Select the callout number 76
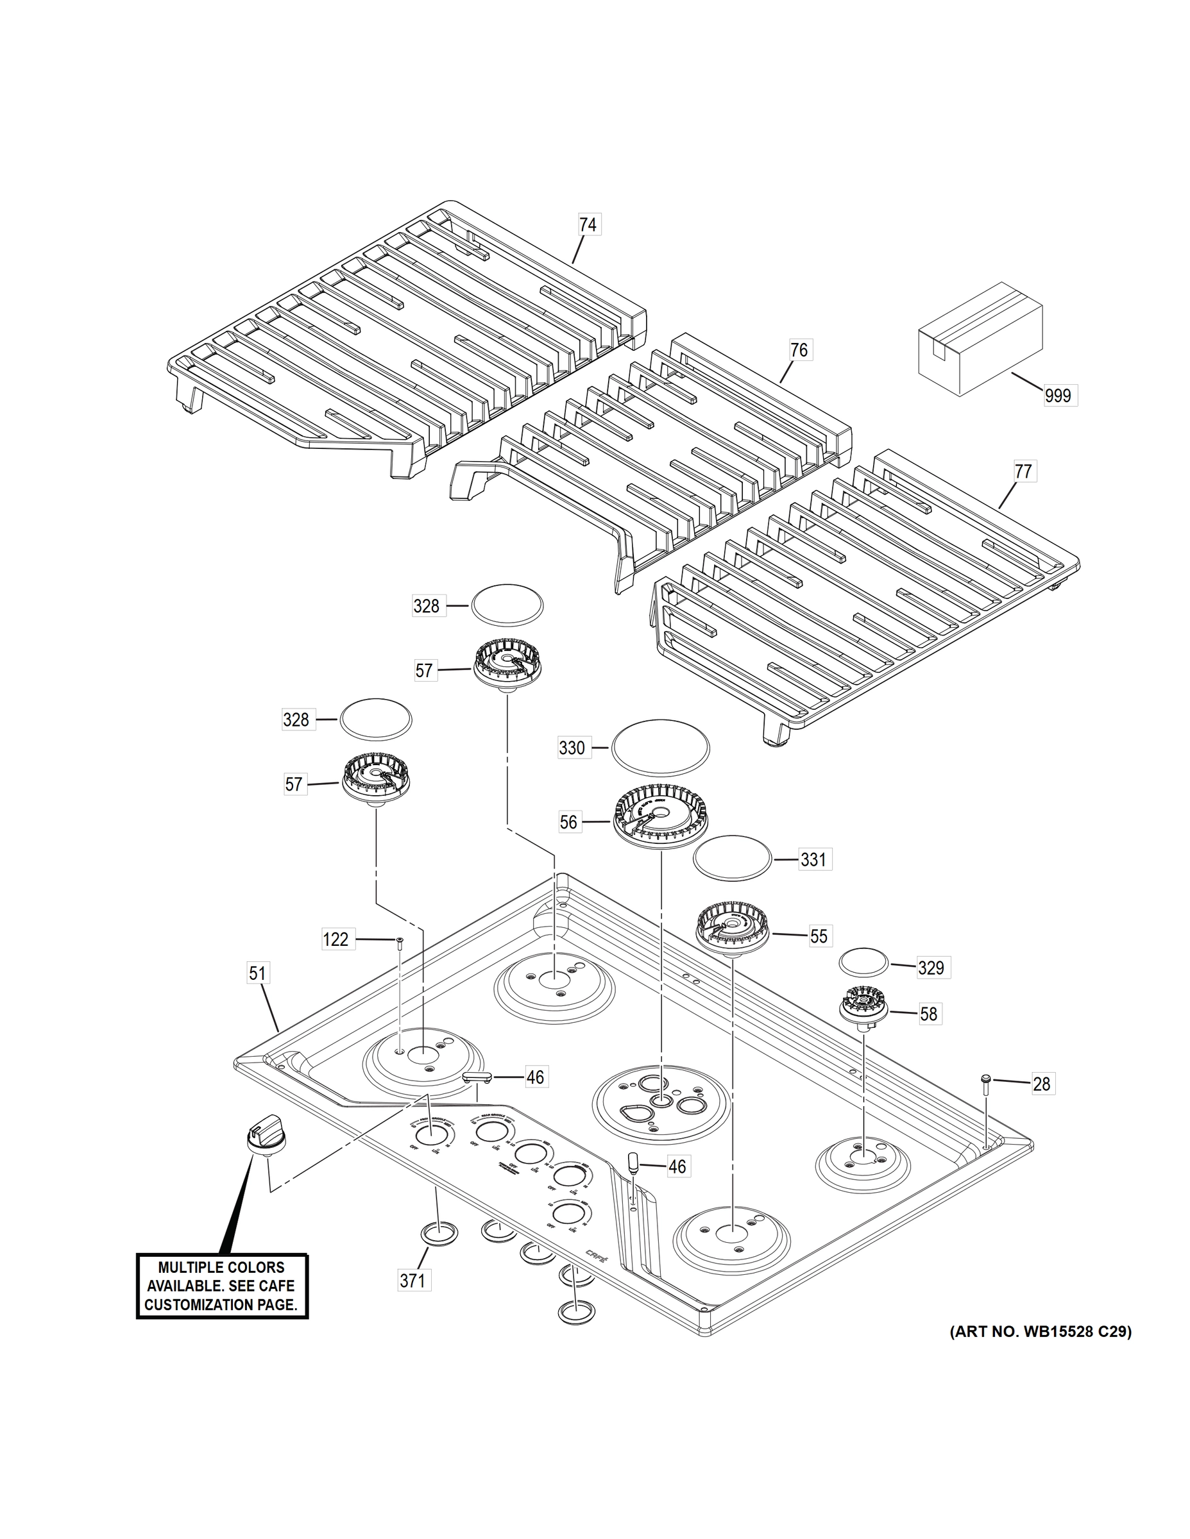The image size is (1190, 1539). (x=799, y=349)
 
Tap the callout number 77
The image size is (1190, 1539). (x=1023, y=471)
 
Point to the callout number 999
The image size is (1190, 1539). (x=1057, y=395)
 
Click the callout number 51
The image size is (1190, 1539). (x=257, y=973)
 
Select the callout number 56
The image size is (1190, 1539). (x=568, y=821)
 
